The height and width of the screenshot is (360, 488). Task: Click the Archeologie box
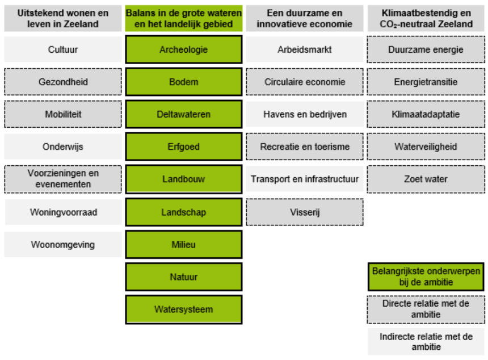tap(184, 49)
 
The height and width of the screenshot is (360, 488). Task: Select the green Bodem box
tap(184, 82)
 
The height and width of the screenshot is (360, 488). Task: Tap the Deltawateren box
tap(184, 114)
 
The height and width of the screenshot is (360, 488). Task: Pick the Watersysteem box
tap(184, 309)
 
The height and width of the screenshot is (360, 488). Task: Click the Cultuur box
tap(63, 49)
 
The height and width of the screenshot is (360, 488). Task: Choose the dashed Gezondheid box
tap(63, 82)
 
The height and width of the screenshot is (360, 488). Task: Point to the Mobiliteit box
tap(63, 114)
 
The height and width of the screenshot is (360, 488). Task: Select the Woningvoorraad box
tap(63, 212)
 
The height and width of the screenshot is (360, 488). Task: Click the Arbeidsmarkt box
tap(305, 49)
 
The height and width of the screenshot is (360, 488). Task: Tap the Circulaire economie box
tap(305, 82)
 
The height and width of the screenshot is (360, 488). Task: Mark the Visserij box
tap(305, 212)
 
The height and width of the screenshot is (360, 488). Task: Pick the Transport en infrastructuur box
tap(305, 179)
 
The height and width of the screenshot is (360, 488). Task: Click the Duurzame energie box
tap(426, 49)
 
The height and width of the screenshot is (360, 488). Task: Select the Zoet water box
tap(426, 179)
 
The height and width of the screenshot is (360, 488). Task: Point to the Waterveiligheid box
tap(426, 146)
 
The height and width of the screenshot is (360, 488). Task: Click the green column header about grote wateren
tap(184, 18)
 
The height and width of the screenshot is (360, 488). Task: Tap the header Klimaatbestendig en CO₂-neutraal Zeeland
tap(426, 18)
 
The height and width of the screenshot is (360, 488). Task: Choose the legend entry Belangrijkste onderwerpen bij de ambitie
tap(426, 277)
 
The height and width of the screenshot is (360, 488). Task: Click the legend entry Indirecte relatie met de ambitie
tap(426, 342)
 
